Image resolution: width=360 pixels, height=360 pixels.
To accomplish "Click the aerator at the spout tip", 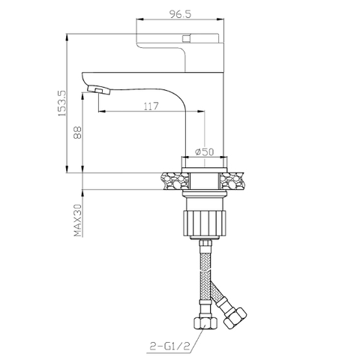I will coord(100,91).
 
